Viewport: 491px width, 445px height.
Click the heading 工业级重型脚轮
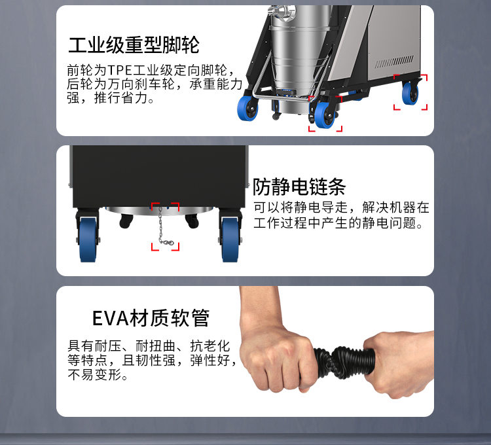[134, 44]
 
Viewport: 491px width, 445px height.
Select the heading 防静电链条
[299, 187]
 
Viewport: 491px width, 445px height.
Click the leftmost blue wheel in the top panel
[247, 108]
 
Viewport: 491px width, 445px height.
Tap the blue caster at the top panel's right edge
[410, 93]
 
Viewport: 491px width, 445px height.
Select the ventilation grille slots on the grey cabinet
[394, 62]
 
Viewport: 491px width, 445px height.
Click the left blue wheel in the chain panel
[88, 240]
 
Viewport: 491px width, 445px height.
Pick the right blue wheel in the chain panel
[230, 240]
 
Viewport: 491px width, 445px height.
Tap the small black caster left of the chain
[126, 221]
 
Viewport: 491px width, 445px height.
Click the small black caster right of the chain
[192, 221]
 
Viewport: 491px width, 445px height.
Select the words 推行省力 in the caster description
[121, 98]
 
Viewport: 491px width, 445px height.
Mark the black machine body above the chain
[159, 176]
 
